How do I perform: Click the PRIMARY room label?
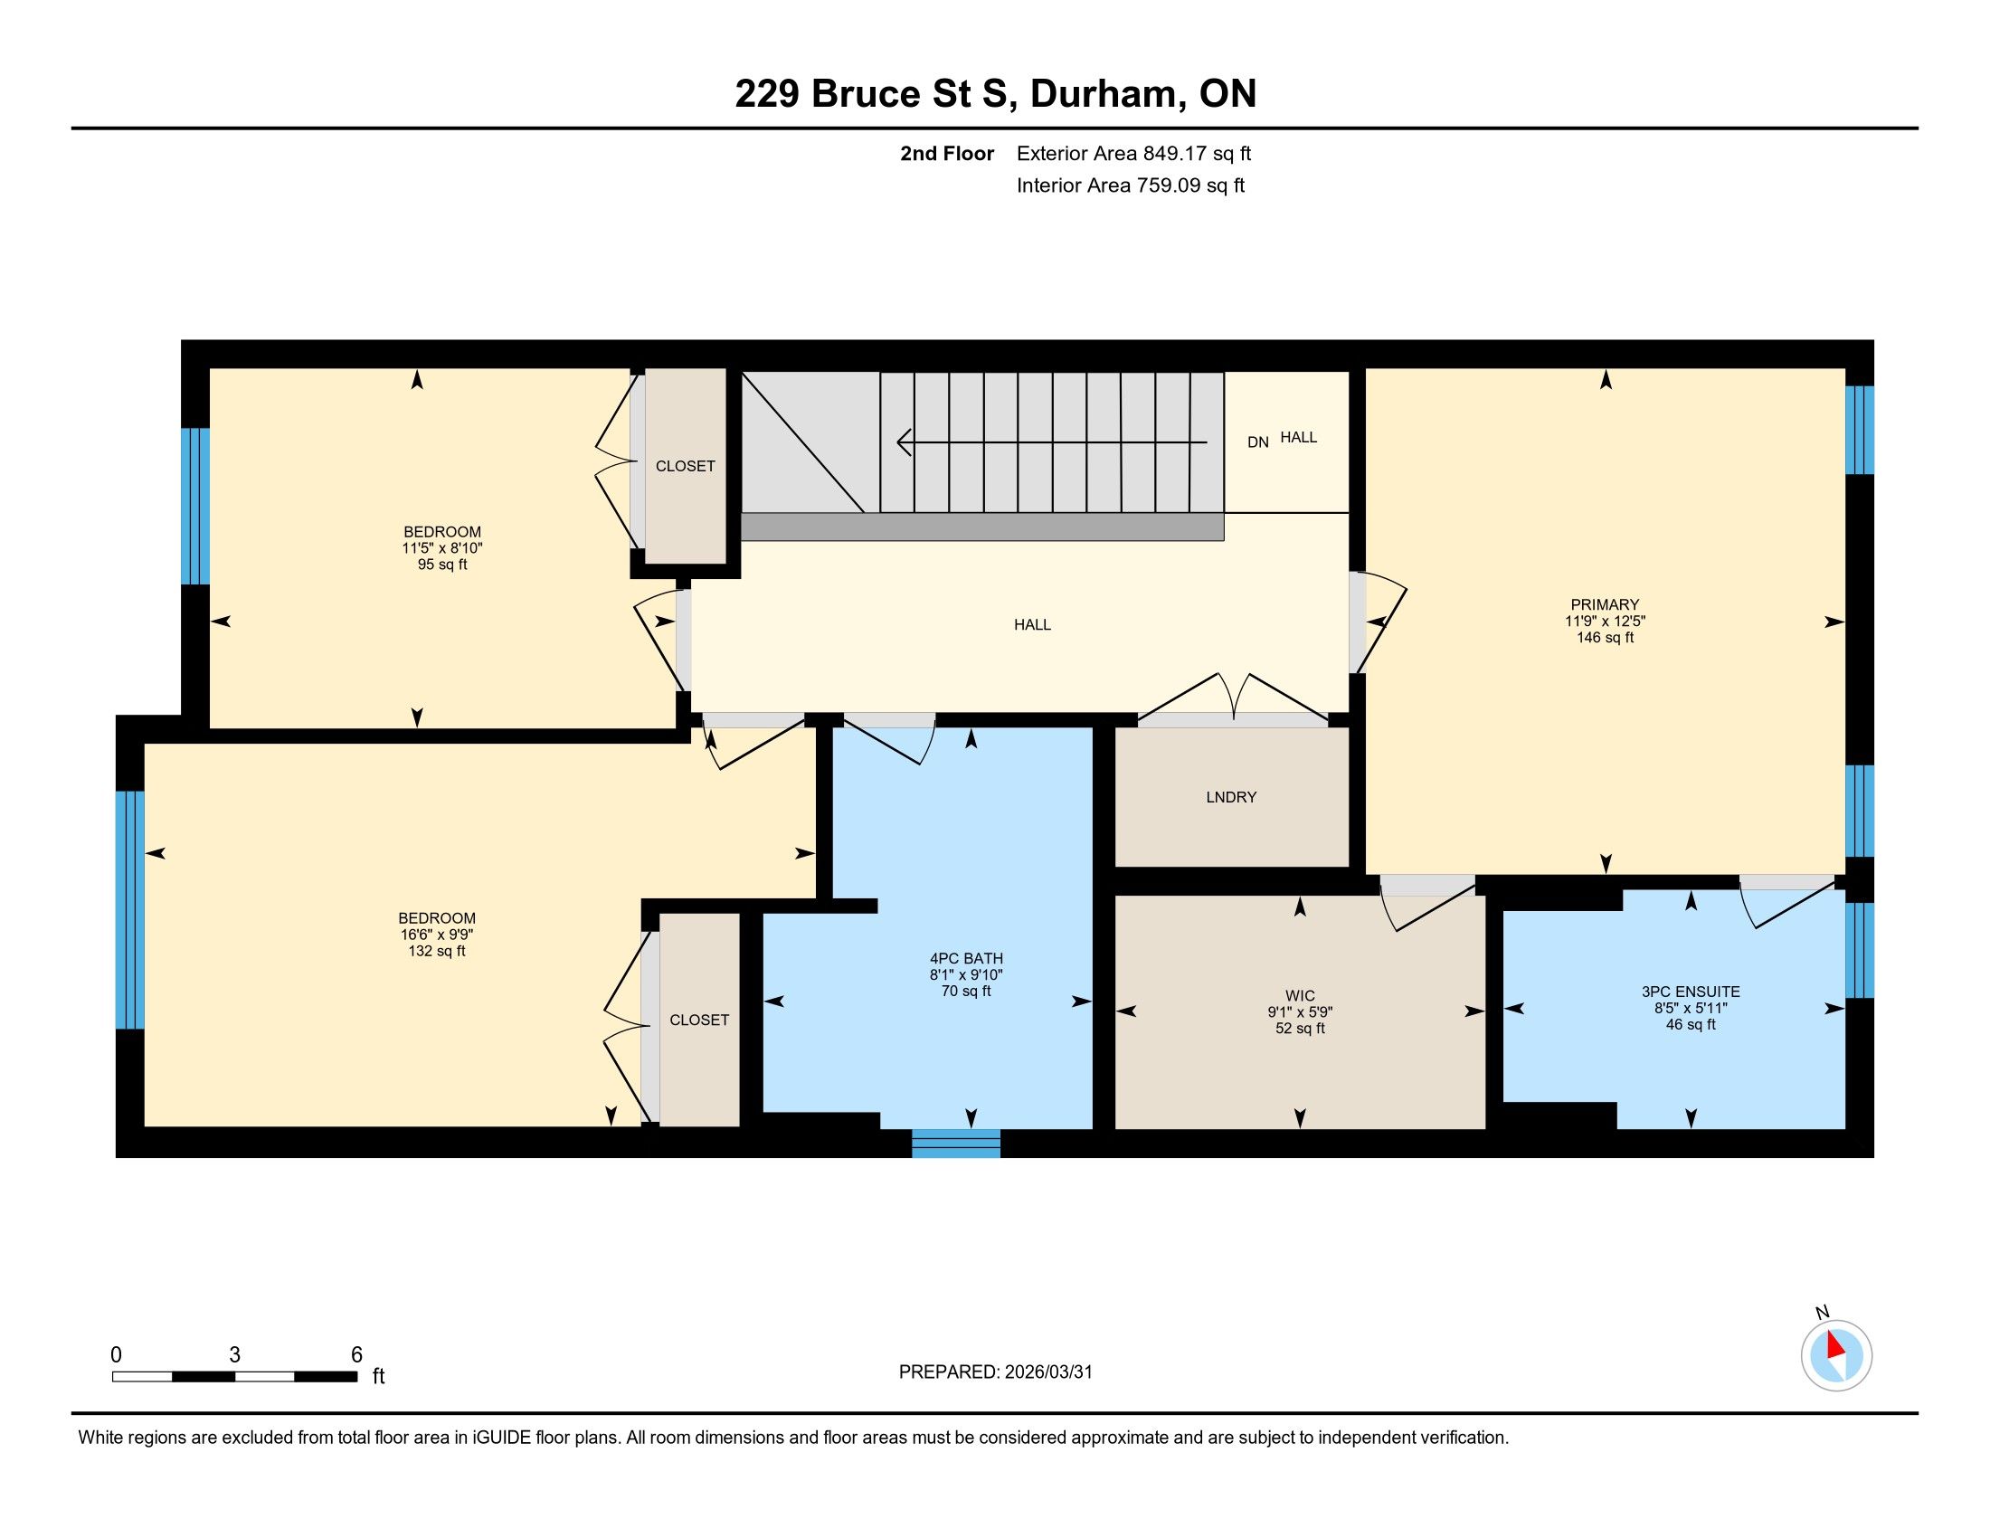coord(1605,604)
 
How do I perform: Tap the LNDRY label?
coord(1231,797)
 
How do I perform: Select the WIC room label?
coord(1300,996)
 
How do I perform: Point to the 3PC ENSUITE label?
coord(1691,992)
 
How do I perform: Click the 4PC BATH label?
coord(966,958)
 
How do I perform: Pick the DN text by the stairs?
coord(1258,441)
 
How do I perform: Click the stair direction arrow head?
coord(905,442)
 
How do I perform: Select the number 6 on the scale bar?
coord(357,1354)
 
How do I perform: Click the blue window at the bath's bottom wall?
coord(956,1144)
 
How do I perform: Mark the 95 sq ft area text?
coord(442,565)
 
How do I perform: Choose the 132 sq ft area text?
coord(437,951)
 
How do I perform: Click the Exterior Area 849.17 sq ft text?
coord(1134,153)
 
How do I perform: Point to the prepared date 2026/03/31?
coord(1047,1372)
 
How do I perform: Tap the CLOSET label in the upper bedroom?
coord(686,467)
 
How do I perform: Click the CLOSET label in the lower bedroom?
coord(699,1021)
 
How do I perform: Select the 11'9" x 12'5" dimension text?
coord(1605,622)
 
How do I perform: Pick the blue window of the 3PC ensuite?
coord(1859,949)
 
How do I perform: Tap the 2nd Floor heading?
coord(947,153)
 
